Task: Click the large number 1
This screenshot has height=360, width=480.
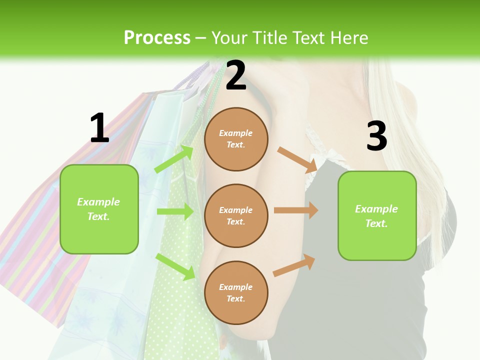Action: (x=99, y=128)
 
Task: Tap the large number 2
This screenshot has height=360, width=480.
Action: (x=236, y=76)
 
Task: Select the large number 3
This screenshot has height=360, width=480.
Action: (x=376, y=136)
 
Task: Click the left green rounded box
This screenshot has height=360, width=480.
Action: (x=99, y=209)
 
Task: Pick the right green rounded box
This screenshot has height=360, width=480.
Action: (x=377, y=216)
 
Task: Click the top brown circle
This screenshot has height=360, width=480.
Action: (x=236, y=139)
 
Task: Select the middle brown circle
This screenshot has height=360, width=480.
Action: (x=236, y=215)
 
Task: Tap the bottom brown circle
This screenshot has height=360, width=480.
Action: (x=236, y=292)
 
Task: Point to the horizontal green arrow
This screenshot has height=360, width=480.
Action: (x=175, y=211)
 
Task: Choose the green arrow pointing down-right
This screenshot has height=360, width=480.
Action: (x=175, y=266)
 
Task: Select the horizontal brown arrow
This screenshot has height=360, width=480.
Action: (x=296, y=210)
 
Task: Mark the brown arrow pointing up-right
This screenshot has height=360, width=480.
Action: (x=294, y=265)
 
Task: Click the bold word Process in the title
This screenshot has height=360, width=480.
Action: (x=157, y=37)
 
